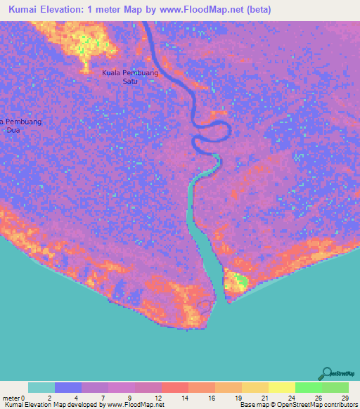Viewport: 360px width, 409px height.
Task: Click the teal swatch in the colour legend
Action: pyautogui.click(x=41, y=387)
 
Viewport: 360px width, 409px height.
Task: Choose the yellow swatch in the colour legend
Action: pyautogui.click(x=282, y=387)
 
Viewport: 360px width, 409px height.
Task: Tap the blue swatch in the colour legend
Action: pyautogui.click(x=68, y=387)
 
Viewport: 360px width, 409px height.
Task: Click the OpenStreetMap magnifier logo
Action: pyautogui.click(x=327, y=374)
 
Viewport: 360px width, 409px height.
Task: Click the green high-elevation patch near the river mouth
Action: pyautogui.click(x=240, y=282)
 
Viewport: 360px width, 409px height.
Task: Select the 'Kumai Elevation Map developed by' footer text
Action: pyautogui.click(x=52, y=405)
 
